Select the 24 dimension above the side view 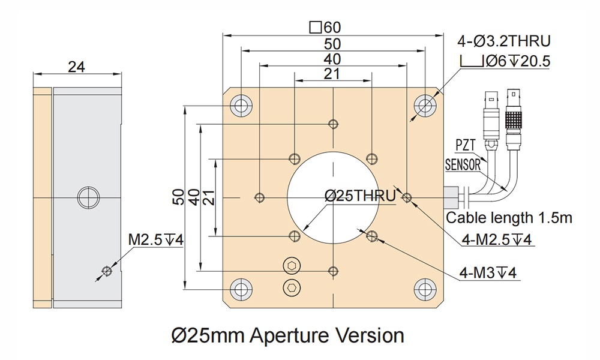[x=76, y=67]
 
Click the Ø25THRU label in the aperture [x=360, y=196]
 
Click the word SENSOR [x=463, y=164]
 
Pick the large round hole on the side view [x=87, y=196]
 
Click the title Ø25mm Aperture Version [x=287, y=333]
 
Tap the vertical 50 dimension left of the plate [x=178, y=197]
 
